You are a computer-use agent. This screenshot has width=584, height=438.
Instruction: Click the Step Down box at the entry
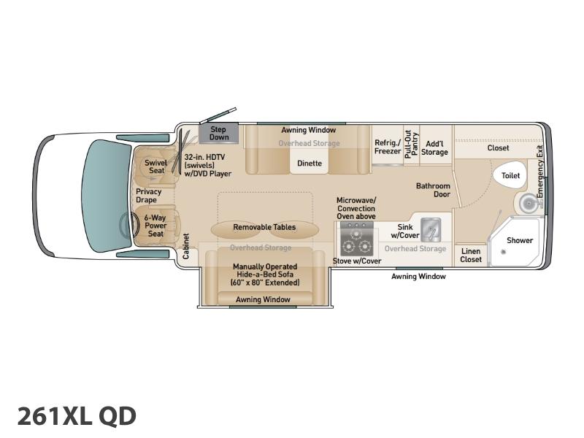point(218,133)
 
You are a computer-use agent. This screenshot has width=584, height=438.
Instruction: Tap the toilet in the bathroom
point(510,175)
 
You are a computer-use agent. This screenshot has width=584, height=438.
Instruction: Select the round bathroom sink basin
point(528,203)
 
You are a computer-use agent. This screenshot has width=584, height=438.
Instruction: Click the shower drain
point(503,252)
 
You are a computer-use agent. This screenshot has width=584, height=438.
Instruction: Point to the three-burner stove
point(356,239)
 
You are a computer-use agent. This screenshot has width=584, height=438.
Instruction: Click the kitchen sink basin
point(431,230)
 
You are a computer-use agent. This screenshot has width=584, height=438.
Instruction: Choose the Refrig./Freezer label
point(388,147)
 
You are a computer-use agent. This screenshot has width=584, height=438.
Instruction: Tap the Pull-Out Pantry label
point(412,145)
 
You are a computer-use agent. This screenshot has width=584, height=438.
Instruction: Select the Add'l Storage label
point(434,148)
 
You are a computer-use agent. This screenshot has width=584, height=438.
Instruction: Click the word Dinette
point(310,163)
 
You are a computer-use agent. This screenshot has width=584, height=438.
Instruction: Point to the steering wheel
point(126,226)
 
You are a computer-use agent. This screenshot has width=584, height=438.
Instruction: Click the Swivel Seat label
point(156,166)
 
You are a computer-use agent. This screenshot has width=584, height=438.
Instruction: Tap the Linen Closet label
point(471,255)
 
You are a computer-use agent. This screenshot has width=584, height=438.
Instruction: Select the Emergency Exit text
point(540,172)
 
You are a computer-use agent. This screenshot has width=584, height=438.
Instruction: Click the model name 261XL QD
point(77,416)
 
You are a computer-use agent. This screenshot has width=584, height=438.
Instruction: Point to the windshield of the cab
point(106,196)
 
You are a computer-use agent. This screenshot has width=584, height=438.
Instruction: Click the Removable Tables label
point(264,227)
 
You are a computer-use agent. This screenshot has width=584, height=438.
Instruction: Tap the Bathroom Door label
point(433,190)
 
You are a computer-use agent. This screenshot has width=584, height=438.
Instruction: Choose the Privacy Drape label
point(148,196)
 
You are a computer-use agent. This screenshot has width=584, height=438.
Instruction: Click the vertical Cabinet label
point(186,246)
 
